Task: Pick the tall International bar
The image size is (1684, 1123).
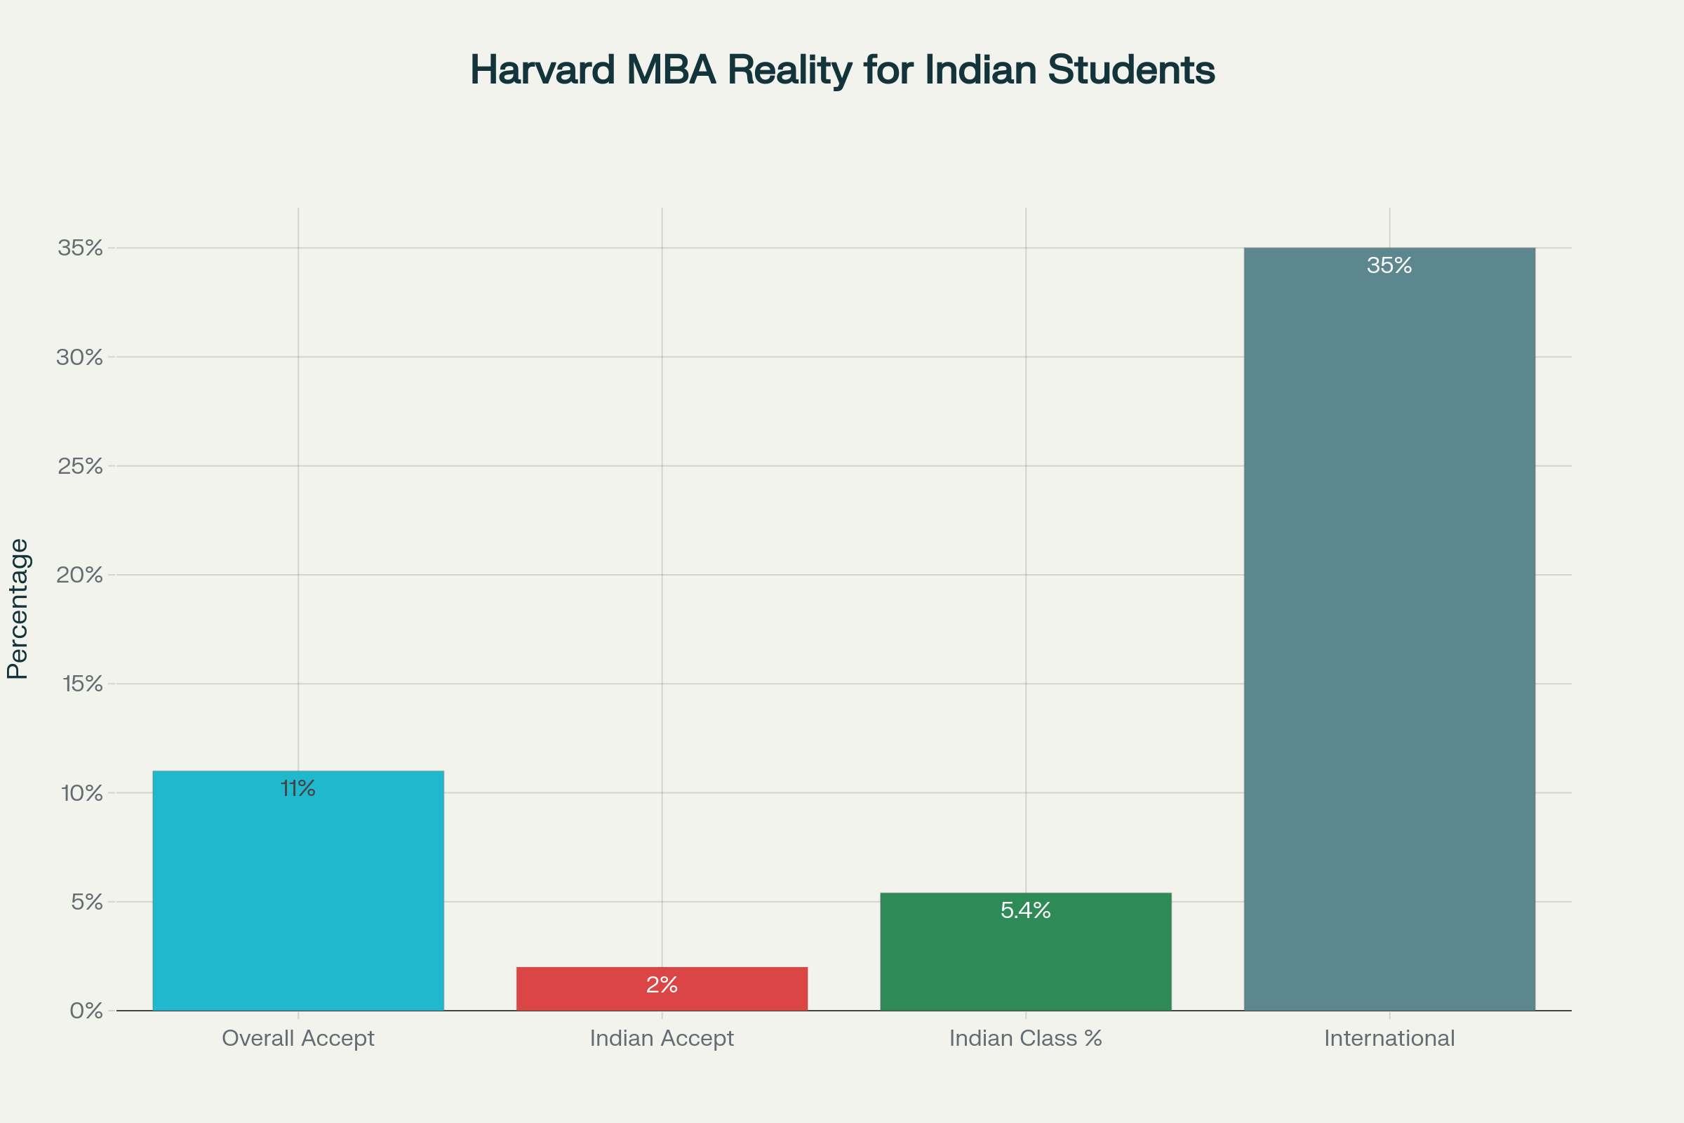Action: coord(1389,630)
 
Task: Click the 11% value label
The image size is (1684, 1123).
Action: coord(298,788)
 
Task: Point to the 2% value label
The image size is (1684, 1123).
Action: coord(662,985)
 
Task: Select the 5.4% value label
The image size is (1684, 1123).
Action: coord(1025,910)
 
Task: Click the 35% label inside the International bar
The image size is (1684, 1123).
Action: coord(1389,266)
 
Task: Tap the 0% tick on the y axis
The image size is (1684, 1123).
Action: coord(86,1011)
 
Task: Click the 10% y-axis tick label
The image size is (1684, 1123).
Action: coord(82,793)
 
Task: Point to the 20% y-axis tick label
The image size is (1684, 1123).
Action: coord(80,574)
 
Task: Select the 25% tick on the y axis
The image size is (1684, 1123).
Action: coord(80,465)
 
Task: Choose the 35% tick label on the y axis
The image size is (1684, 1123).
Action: coord(80,248)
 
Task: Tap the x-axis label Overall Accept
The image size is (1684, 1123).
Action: coord(298,1039)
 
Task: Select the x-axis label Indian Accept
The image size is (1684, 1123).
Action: coord(662,1039)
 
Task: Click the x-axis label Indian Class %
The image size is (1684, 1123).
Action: coord(1025,1039)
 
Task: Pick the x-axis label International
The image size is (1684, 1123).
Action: coord(1389,1039)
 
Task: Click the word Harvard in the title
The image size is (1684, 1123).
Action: coord(542,70)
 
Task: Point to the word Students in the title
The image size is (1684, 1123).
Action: coord(1131,70)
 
